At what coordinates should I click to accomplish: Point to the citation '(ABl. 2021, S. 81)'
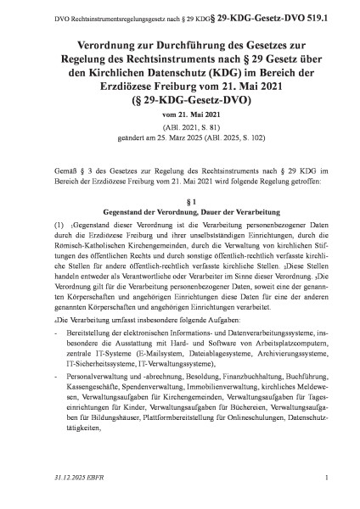(x=180, y=126)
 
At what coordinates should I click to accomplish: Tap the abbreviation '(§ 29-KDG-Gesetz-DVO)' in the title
(x=180, y=98)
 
